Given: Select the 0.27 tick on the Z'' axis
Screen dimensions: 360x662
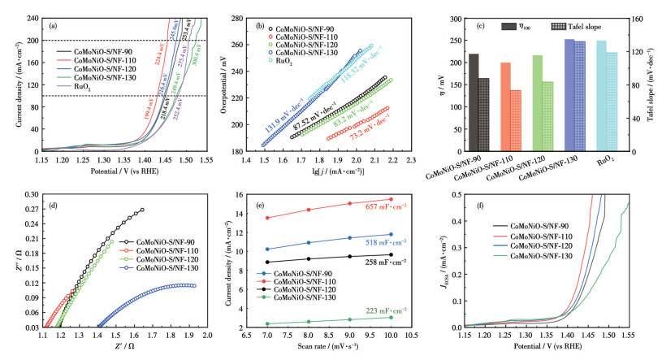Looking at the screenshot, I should pos(30,209).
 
